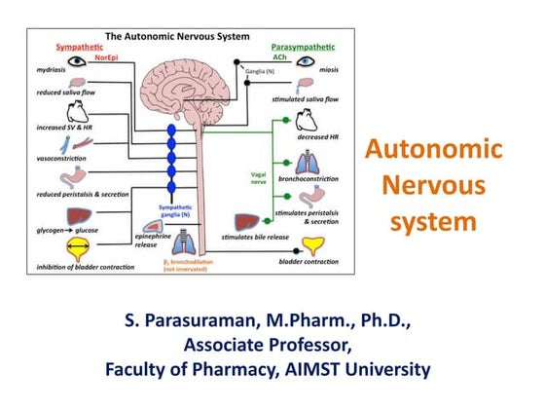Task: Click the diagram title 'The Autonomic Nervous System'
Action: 190,37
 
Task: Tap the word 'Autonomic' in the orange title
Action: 433,151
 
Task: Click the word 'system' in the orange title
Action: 433,221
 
